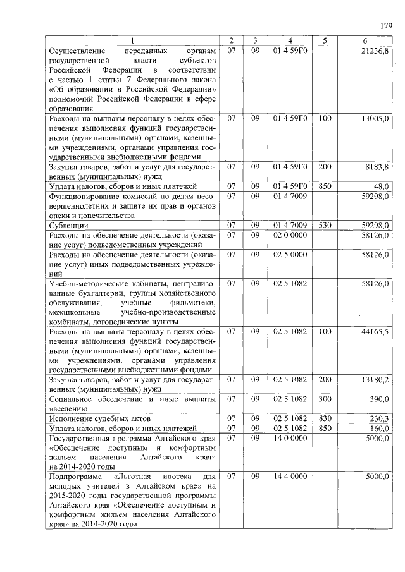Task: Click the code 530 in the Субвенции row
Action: [x=324, y=225]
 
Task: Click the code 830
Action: [x=324, y=418]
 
